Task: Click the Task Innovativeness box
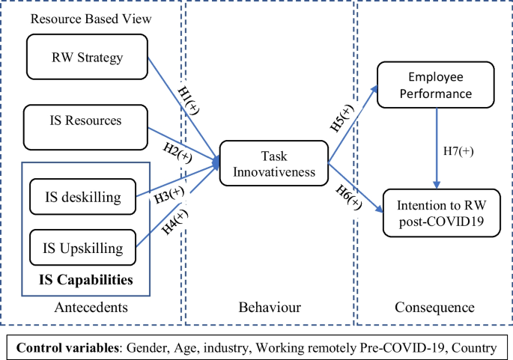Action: (x=274, y=163)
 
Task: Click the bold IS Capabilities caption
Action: (x=86, y=281)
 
